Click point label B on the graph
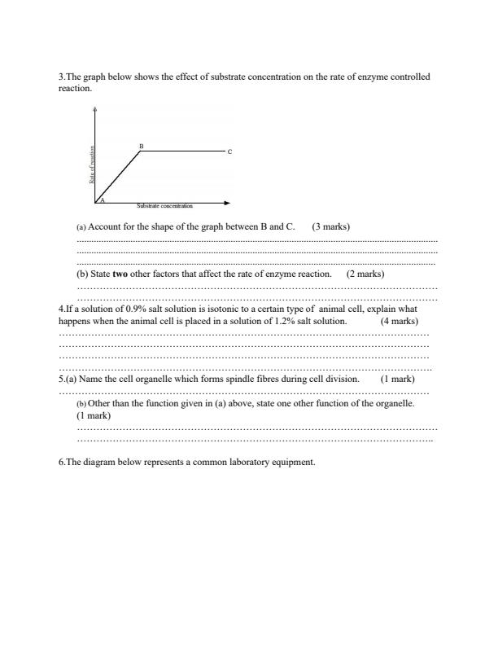pos(141,147)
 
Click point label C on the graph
pos(229,152)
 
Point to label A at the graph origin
pos(103,200)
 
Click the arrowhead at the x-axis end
pos(227,203)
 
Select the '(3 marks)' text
pos(330,226)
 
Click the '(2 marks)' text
pos(365,274)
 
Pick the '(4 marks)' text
pos(399,321)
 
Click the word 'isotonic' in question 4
pos(203,309)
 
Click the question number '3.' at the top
pos(62,77)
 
